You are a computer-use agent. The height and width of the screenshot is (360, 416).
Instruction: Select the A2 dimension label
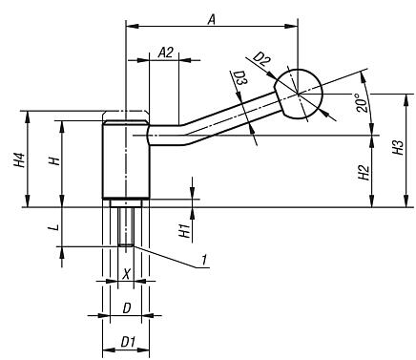click(163, 52)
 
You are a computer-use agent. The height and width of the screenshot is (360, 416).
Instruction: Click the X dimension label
click(126, 273)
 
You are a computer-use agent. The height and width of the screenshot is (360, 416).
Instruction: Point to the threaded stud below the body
click(126, 227)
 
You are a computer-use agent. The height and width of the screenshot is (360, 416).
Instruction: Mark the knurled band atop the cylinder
click(125, 122)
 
